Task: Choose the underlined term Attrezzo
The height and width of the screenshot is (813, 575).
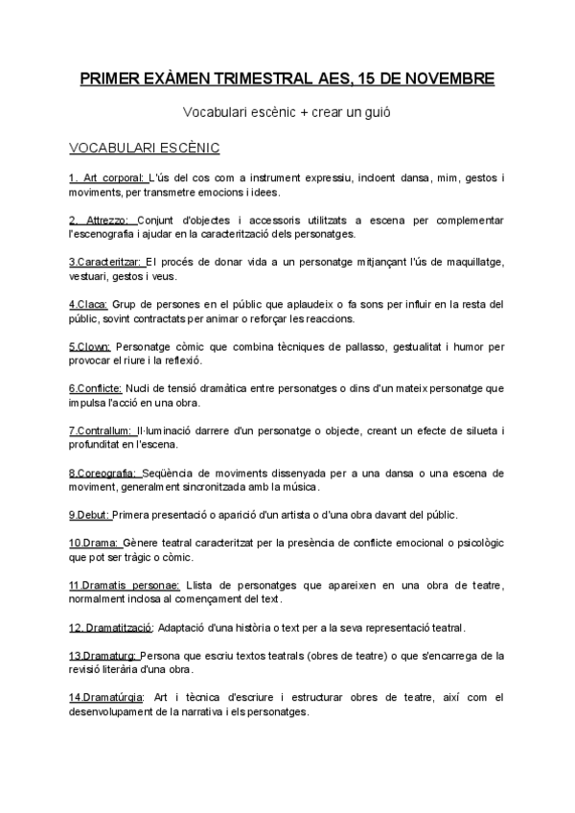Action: tap(111, 220)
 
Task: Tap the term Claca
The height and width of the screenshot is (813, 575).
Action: tap(95, 304)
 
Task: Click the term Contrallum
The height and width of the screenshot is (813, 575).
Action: tap(107, 430)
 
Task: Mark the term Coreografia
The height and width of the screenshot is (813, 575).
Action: tap(110, 473)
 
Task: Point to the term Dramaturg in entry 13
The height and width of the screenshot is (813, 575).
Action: tap(109, 656)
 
